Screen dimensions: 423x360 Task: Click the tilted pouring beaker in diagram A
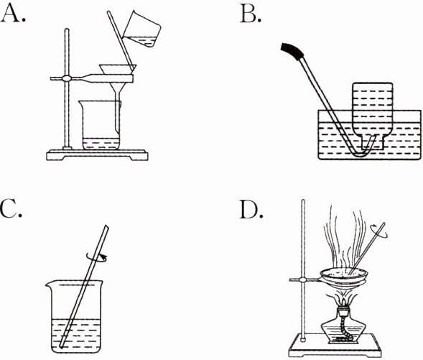[x=142, y=29]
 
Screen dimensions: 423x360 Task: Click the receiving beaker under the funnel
[x=100, y=125]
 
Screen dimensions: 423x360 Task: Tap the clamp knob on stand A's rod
[x=66, y=78]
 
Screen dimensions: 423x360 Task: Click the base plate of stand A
[x=97, y=155]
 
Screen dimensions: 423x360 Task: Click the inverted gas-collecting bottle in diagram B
[x=373, y=116]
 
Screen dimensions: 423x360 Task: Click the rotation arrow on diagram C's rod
[x=96, y=257]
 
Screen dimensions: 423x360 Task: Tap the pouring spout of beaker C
[x=49, y=283]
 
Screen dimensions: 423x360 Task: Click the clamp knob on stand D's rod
[x=303, y=280]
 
